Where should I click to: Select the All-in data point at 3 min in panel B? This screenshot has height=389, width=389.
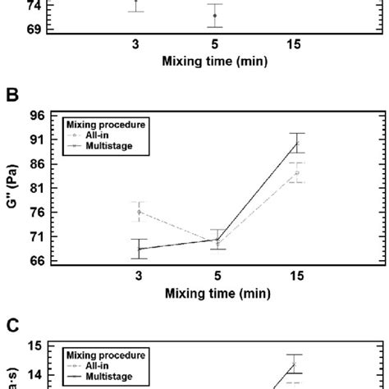[138, 212]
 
